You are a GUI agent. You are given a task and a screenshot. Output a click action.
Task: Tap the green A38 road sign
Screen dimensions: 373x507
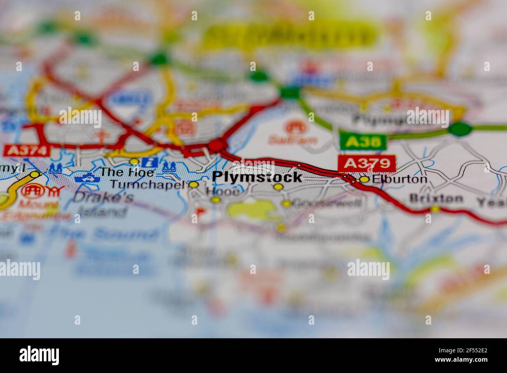(362, 142)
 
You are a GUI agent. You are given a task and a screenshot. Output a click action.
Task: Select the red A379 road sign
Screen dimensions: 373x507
(367, 163)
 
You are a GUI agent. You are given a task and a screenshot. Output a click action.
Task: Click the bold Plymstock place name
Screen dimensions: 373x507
(257, 177)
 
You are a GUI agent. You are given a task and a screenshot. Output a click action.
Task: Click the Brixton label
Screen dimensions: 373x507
(436, 198)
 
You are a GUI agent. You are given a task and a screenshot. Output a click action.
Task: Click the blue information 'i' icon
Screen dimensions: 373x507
(149, 162)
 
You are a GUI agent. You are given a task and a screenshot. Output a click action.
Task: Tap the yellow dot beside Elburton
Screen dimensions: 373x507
(364, 179)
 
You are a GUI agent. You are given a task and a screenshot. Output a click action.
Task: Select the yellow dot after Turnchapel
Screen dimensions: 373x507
(194, 185)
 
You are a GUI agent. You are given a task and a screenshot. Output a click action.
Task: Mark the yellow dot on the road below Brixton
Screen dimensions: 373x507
(435, 210)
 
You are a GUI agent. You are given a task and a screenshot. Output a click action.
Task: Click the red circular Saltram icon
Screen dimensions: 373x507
(293, 127)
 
